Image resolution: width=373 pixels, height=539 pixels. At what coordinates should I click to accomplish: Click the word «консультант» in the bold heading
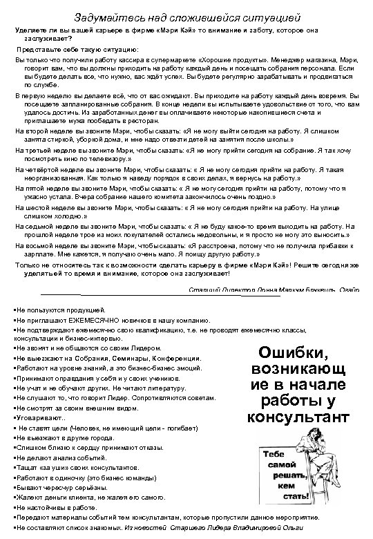coord(298,417)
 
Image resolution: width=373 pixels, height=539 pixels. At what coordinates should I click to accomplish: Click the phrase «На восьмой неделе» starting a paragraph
coord(45,245)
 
